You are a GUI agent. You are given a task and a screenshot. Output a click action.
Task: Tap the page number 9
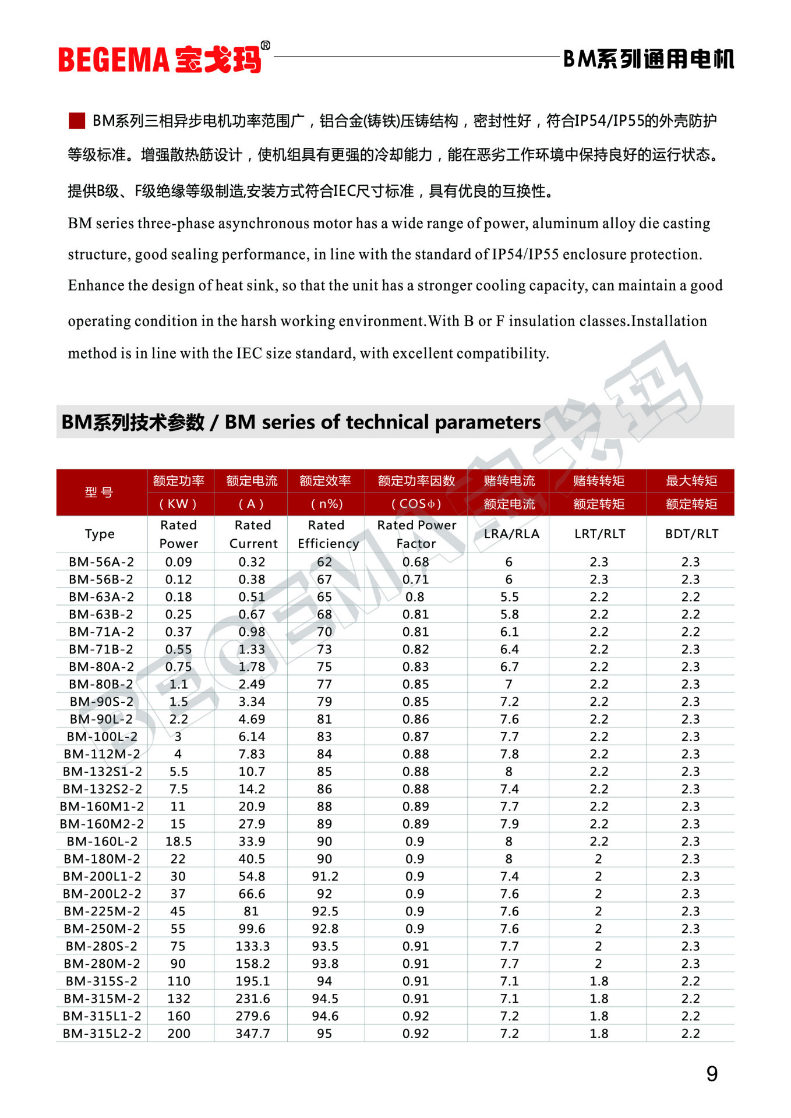coord(712,1074)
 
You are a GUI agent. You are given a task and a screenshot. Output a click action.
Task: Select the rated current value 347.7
coord(252,1034)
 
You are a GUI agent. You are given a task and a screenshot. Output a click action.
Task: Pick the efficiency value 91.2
coord(324,876)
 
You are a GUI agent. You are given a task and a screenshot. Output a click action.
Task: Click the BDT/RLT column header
coord(691,534)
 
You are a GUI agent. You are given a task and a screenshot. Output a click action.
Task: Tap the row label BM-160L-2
coord(102,841)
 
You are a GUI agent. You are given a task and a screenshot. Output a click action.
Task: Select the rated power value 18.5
coord(178,841)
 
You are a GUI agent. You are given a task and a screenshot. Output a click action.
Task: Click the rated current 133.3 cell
coord(252,946)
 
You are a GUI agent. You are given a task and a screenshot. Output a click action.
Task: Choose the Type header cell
coord(100,534)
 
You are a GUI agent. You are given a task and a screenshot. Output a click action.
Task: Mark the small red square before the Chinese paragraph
coord(77,121)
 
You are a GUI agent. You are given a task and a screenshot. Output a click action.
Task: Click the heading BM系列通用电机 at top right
coord(648,59)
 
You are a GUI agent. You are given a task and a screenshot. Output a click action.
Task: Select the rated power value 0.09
coord(178,562)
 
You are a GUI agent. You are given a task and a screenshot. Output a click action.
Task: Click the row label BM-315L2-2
coord(102,1034)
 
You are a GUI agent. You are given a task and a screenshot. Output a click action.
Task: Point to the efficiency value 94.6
coord(324,1016)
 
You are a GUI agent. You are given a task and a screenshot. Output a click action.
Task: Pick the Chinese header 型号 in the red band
coord(99,493)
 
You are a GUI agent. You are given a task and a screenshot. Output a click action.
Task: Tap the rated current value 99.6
coord(252,929)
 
